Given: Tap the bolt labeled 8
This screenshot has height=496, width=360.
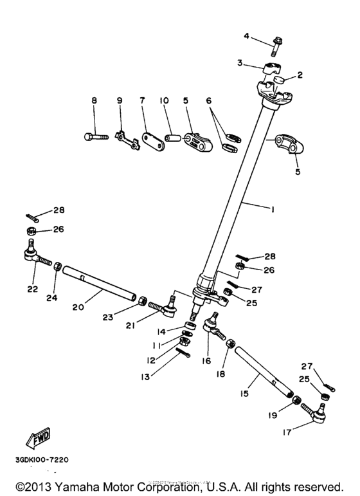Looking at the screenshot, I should click(94, 136).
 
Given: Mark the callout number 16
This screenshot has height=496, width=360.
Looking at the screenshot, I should click(206, 362).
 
